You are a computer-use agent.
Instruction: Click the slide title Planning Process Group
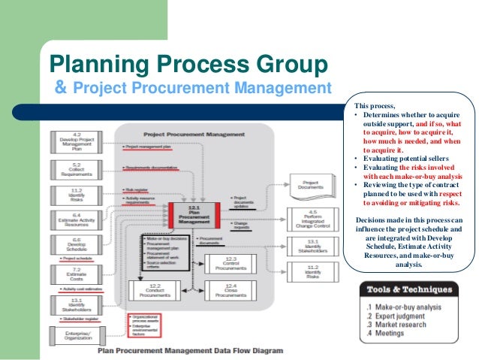[188, 65]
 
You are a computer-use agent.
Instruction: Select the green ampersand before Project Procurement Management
[62, 89]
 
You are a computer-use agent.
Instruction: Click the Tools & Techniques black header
[408, 290]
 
